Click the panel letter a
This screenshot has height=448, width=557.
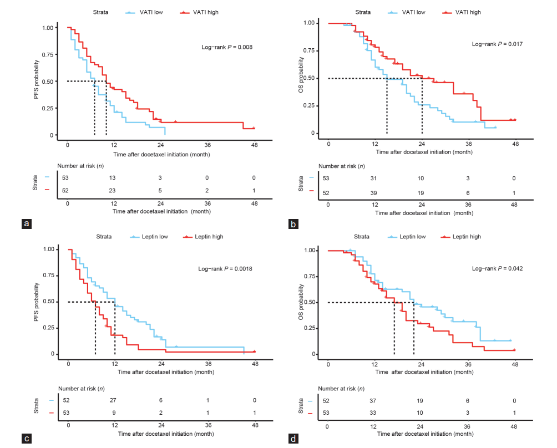(25, 224)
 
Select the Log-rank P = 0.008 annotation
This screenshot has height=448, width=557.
(226, 47)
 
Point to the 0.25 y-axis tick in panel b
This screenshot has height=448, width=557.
(315, 106)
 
